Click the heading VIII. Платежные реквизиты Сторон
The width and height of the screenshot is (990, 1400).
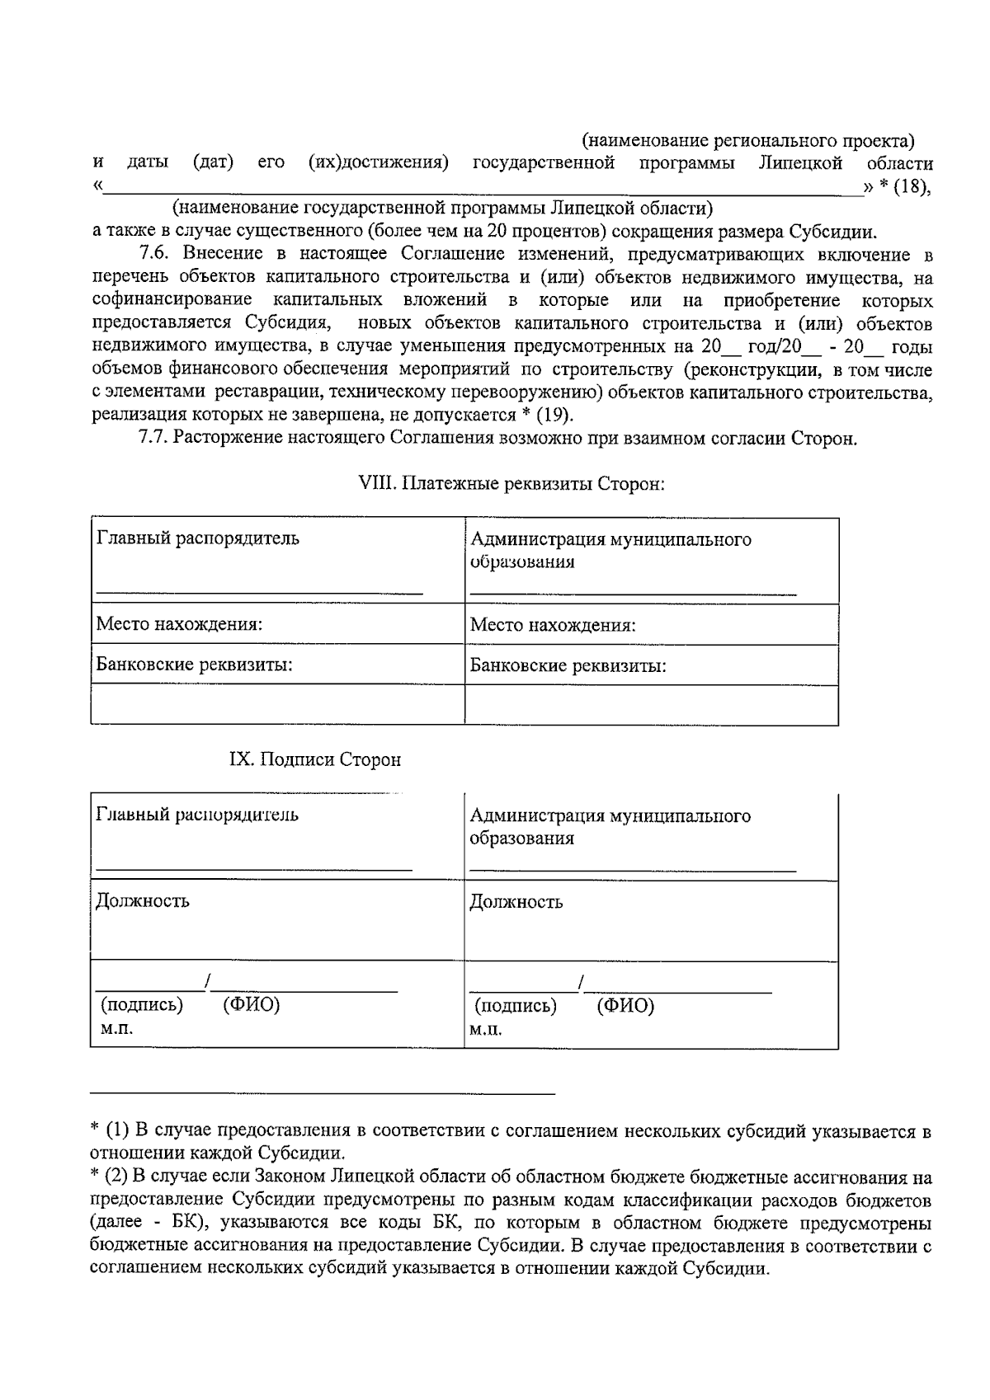(511, 484)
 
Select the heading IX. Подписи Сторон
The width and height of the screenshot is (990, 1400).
(314, 759)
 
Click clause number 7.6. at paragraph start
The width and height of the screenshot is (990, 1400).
(157, 254)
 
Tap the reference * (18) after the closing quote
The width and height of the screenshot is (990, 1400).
(904, 187)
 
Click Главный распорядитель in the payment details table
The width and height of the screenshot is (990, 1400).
(198, 538)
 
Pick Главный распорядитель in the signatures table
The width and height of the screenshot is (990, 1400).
(198, 815)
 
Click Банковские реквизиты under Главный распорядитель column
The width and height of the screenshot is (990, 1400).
(195, 665)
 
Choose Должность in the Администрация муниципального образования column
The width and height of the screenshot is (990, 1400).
(516, 901)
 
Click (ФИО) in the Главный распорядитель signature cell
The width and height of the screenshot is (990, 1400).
(252, 1005)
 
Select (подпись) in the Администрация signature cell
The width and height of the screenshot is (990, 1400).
(516, 1006)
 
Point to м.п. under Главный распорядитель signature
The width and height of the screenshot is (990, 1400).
(117, 1028)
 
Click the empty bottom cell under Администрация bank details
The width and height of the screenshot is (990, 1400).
(652, 705)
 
